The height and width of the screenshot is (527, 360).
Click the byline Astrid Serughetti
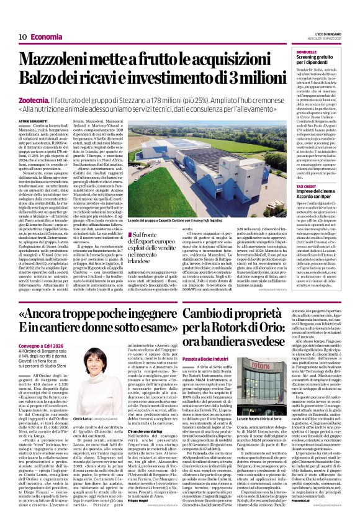[33, 122]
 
